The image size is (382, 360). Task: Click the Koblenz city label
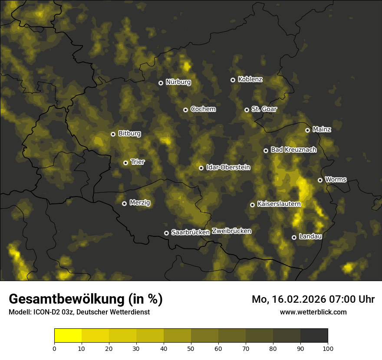pos(250,79)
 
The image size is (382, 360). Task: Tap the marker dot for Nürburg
pos(161,83)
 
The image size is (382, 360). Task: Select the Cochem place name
pos(203,109)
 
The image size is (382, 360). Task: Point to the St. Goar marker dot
pos(247,110)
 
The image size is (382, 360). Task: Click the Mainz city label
pos(322,130)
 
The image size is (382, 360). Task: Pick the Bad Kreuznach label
pos(293,150)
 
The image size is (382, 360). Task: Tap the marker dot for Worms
pos(320,180)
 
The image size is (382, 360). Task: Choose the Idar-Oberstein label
pos(228,167)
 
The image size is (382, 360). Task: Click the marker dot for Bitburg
pos(113,134)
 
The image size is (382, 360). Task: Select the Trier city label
pos(138,162)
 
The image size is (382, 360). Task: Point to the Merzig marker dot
pos(124,203)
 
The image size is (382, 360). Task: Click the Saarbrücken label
pos(191,232)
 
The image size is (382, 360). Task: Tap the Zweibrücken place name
pos(231,231)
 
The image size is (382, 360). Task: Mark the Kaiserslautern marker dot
pos(252,205)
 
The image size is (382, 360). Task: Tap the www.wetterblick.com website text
pos(313,312)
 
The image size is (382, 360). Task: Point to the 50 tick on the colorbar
pos(191,348)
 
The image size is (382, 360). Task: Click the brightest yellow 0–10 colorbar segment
pos(68,335)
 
